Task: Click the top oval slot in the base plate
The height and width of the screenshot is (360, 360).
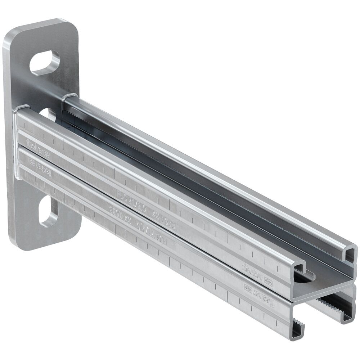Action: pos(45,63)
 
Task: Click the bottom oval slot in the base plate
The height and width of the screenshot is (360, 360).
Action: pos(48,211)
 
